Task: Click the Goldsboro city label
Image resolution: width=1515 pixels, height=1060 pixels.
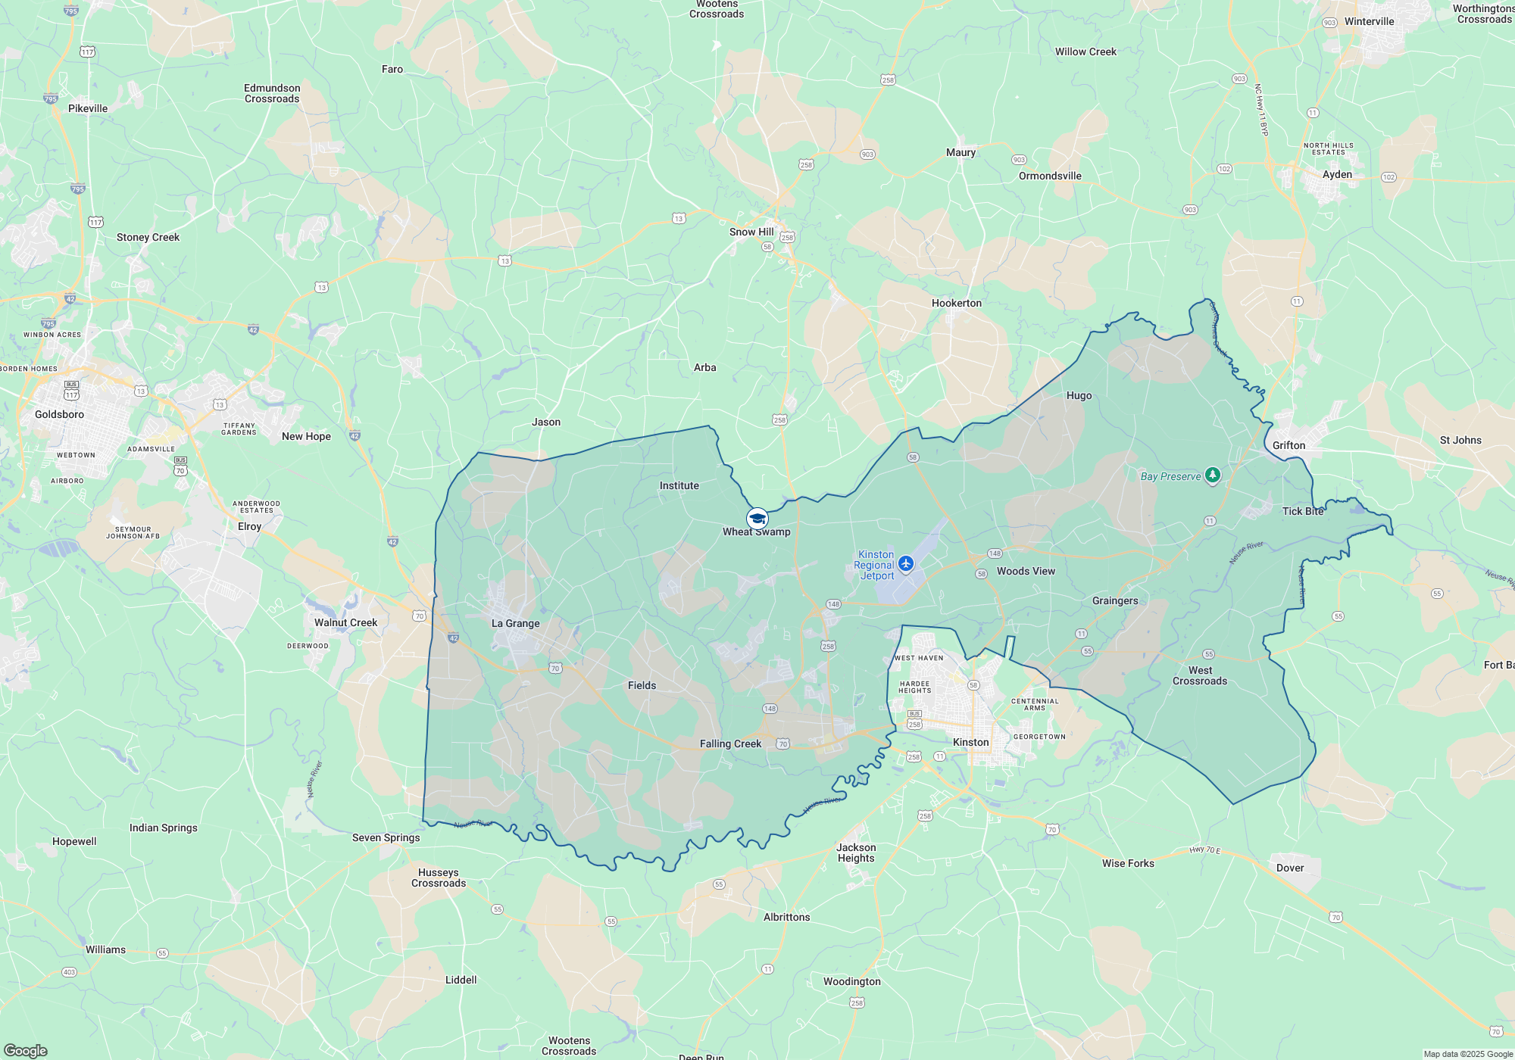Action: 59,414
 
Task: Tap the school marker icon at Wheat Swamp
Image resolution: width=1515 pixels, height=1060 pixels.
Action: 757,519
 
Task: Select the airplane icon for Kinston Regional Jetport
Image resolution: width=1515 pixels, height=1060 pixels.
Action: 906,563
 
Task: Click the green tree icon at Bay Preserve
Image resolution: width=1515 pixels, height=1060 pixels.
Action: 1213,475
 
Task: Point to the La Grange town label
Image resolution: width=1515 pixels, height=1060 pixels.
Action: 515,623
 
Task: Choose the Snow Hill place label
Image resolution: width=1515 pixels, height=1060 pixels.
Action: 751,232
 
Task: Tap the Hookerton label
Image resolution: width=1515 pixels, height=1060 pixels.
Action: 956,303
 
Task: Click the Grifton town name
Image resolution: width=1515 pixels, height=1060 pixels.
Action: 1289,445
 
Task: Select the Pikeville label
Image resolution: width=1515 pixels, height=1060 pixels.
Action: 88,108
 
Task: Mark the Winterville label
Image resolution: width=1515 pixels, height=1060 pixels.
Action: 1369,21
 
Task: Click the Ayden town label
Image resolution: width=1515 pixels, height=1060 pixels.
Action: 1337,174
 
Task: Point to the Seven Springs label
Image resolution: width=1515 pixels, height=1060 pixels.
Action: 386,837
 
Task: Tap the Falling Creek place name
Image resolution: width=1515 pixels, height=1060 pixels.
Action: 730,744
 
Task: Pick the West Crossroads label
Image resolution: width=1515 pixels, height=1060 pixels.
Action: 1200,675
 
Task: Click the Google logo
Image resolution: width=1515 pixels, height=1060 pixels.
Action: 26,1050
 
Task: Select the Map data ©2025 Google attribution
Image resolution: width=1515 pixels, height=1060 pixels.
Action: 1468,1054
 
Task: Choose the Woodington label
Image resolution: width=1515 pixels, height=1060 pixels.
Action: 851,981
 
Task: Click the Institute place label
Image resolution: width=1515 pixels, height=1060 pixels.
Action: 679,485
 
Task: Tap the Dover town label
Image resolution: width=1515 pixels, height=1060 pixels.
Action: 1290,868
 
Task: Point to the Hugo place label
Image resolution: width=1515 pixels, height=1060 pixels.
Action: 1079,395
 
